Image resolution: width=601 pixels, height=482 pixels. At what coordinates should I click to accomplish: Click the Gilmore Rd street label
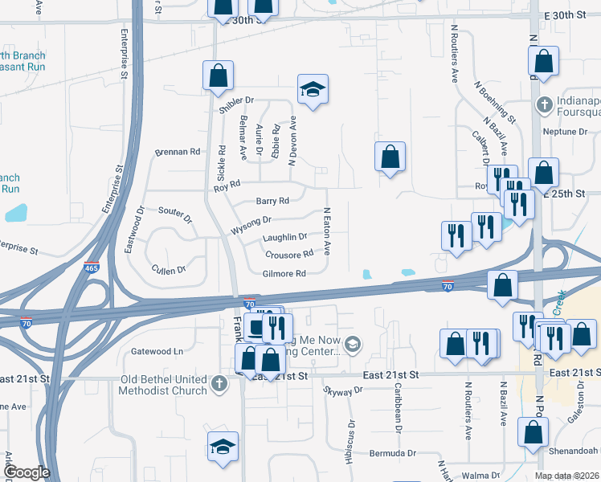(x=284, y=274)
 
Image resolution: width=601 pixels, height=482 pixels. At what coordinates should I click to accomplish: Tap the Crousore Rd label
(x=288, y=255)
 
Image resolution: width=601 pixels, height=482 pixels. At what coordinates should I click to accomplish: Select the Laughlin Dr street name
(x=284, y=238)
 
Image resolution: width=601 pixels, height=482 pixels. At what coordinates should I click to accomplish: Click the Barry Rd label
(x=272, y=201)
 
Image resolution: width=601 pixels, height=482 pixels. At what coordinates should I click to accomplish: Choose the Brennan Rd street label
(x=177, y=151)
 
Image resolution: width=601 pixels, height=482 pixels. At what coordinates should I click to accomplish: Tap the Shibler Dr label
(x=235, y=101)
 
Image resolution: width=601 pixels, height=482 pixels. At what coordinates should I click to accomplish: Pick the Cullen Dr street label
(x=169, y=269)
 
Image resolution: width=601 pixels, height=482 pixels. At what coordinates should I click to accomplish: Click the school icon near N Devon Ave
(x=312, y=88)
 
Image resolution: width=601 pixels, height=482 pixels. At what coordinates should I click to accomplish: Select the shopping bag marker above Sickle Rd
(x=218, y=76)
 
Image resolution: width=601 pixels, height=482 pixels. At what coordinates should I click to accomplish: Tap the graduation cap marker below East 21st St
(x=223, y=447)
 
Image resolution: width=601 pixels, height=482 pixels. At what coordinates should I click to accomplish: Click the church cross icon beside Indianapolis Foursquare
(x=544, y=105)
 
